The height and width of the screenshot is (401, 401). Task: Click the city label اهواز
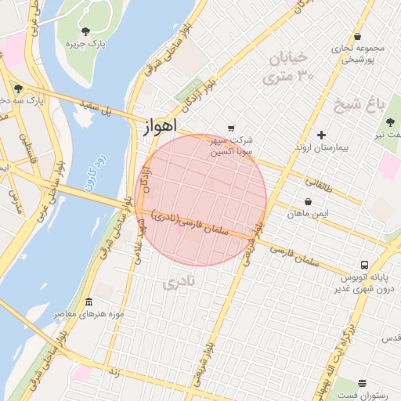pos(161,126)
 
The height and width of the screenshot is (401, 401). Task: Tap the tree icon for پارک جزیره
pos(85,31)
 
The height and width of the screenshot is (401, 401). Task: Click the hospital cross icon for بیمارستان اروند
pos(320,135)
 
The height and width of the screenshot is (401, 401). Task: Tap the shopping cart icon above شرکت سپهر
pos(230,128)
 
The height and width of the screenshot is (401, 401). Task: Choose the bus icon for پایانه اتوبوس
pos(365,265)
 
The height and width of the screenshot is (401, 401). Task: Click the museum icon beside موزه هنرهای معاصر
pos(88,302)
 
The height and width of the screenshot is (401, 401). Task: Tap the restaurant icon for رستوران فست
pos(362,383)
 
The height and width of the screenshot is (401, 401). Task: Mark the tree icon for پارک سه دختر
pos(18,88)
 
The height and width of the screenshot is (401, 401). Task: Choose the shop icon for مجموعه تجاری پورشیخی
pos(357,36)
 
